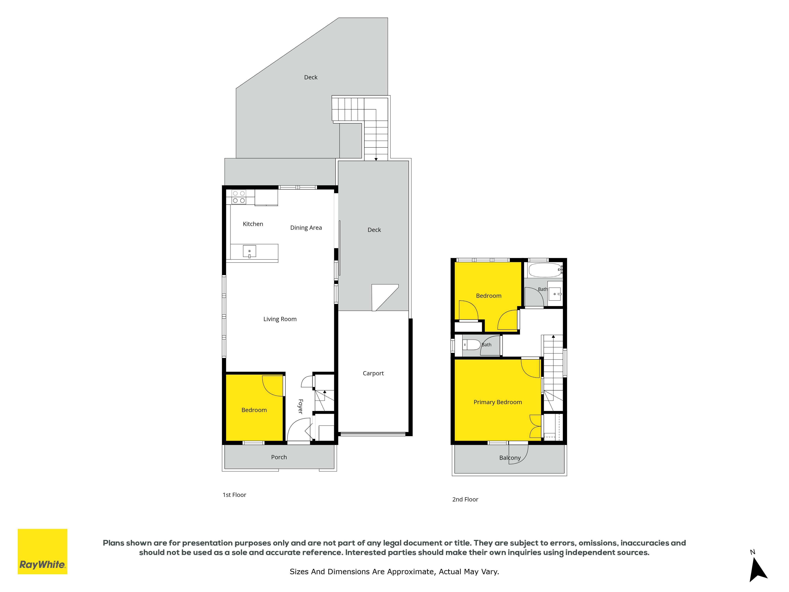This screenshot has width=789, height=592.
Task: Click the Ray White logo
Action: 42,551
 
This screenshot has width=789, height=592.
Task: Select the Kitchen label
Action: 253,224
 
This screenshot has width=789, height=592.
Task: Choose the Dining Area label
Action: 306,228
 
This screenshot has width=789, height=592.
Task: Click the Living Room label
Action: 280,319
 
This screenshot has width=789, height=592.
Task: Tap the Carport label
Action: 373,373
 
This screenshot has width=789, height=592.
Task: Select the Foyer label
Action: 300,407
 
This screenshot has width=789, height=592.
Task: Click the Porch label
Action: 279,457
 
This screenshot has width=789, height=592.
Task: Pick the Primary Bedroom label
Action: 498,402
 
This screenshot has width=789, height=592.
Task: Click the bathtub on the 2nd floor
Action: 545,270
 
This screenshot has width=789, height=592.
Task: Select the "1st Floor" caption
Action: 234,495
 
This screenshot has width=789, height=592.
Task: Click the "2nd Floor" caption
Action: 465,500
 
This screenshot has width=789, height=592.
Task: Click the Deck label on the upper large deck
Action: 311,77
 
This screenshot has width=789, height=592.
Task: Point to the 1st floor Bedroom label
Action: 254,410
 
